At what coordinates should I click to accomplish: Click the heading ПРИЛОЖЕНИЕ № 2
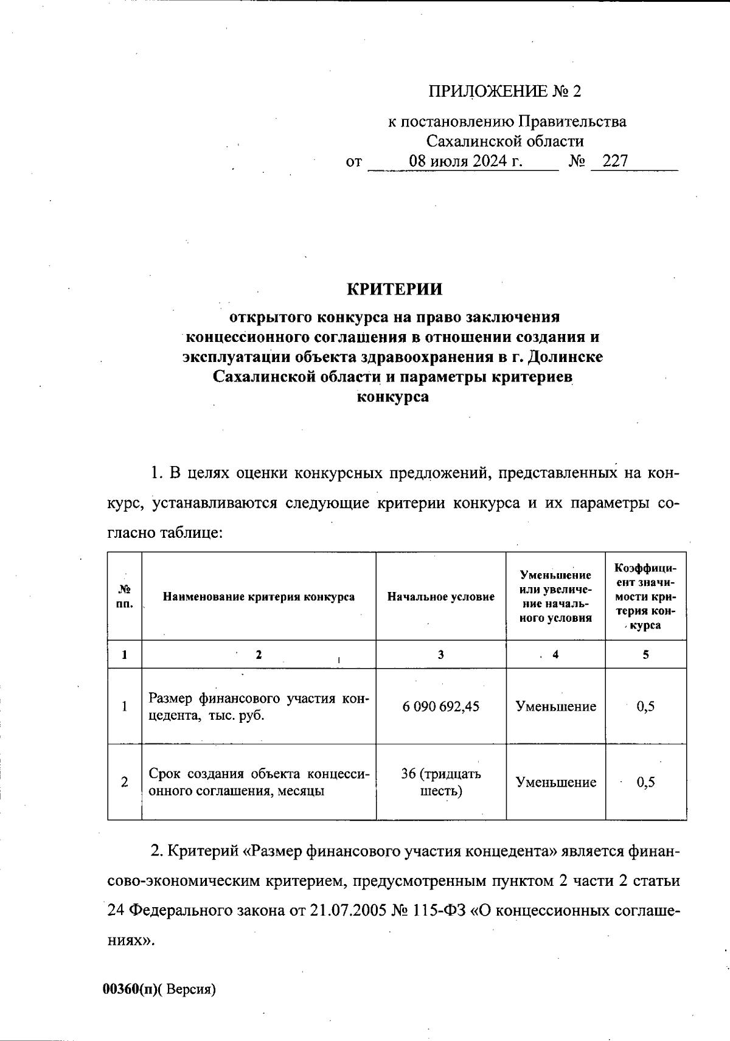coord(505,91)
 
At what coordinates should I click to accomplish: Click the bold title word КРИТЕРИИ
coord(394,289)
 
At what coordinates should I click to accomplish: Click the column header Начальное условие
coord(441,597)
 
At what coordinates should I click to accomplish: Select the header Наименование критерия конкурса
coord(259,597)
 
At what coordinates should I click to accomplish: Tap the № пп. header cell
coord(125,597)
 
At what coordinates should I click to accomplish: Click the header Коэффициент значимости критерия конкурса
coord(645,597)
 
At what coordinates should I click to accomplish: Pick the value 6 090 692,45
coord(441,706)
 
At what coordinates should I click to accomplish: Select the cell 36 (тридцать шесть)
coord(441,782)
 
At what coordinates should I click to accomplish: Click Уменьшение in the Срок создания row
coord(556,782)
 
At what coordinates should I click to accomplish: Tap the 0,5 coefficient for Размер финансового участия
coord(645,706)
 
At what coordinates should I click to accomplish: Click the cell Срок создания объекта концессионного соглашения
coord(259,782)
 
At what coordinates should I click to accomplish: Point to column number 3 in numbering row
coord(440,655)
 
